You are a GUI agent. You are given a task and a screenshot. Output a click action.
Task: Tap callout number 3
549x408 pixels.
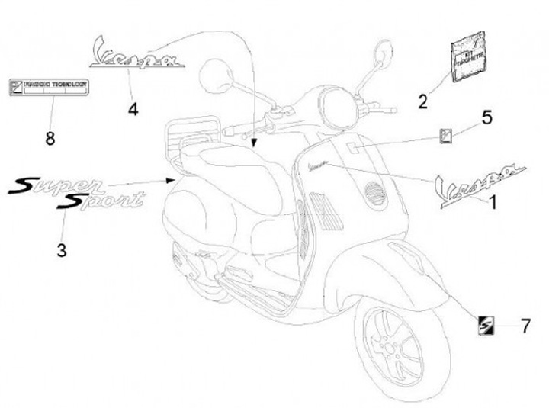coord(62,249)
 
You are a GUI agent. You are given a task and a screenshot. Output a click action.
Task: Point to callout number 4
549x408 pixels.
coord(133,109)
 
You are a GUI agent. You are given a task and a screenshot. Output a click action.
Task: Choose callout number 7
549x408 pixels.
coord(525,326)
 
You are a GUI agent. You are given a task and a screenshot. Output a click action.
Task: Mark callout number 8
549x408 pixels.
coord(51,138)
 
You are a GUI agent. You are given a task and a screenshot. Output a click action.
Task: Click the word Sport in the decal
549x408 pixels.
coord(104,201)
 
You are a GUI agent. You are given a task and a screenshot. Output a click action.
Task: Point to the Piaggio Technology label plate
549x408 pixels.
coord(50,86)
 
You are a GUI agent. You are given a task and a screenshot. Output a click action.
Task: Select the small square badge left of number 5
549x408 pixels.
coord(445,135)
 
